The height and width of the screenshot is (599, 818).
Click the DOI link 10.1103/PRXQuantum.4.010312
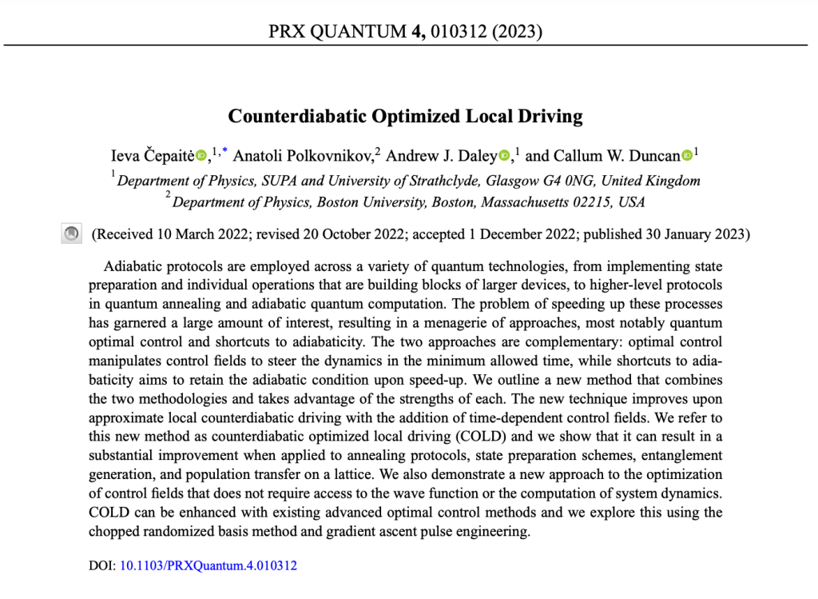pyautogui.click(x=208, y=566)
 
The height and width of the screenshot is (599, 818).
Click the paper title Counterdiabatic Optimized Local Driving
pyautogui.click(x=405, y=116)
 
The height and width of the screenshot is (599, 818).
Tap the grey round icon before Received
pyautogui.click(x=71, y=234)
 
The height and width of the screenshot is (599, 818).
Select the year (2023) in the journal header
pyautogui.click(x=518, y=32)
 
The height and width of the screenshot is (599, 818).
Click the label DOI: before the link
pyautogui.click(x=101, y=566)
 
